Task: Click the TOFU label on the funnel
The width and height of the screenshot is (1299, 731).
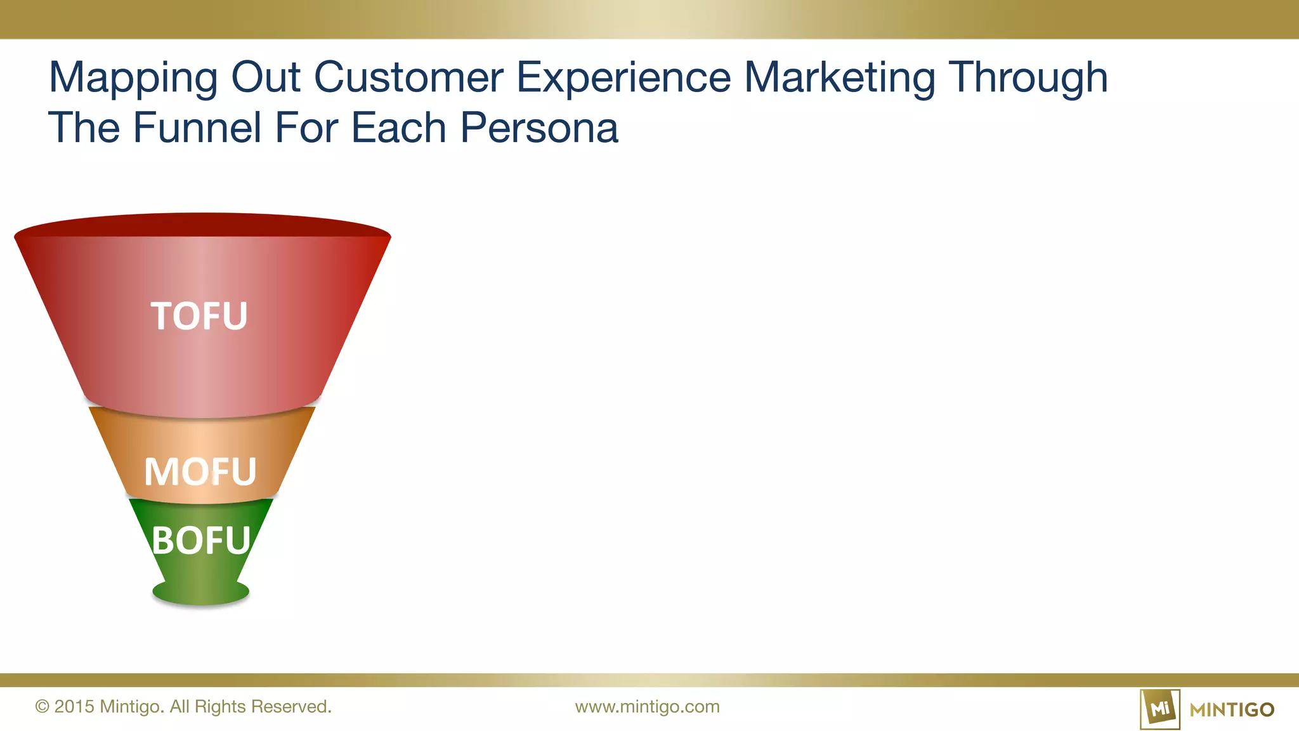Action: click(x=199, y=316)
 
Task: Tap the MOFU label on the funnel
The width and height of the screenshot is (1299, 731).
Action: click(x=200, y=471)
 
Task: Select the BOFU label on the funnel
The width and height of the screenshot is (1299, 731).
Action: click(x=201, y=541)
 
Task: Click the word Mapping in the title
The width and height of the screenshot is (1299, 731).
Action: click(x=133, y=79)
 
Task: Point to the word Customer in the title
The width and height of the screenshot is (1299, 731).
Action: click(x=408, y=77)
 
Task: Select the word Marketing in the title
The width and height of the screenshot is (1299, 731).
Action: click(x=840, y=79)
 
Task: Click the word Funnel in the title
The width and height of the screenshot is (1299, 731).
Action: click(x=197, y=128)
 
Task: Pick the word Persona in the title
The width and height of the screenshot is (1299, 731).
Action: click(x=539, y=128)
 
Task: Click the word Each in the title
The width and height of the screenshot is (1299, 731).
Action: click(x=398, y=128)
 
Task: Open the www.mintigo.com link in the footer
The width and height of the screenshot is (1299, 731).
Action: click(x=647, y=707)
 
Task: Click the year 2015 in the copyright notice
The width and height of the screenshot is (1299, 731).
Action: click(x=74, y=707)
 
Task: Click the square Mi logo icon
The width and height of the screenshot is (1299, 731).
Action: click(x=1159, y=709)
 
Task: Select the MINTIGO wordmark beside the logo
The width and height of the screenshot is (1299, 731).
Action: click(x=1232, y=709)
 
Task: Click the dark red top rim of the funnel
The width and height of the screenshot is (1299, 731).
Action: click(x=202, y=225)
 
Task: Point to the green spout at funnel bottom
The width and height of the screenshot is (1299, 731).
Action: click(x=200, y=592)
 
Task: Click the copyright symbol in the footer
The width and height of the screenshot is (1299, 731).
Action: click(x=42, y=707)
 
